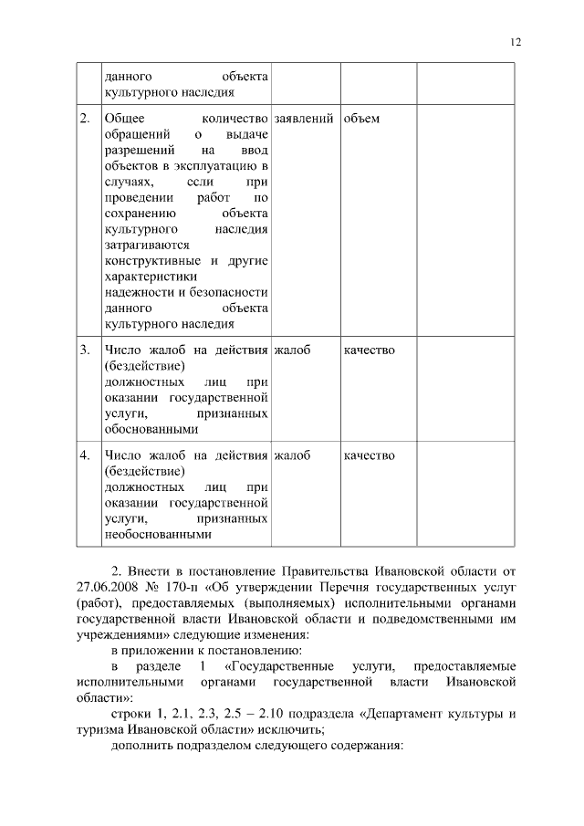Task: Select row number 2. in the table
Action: coord(84,119)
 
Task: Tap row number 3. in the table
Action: coord(84,350)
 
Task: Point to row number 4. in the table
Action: coord(84,455)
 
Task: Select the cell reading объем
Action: coord(362,119)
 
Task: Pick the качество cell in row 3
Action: coord(370,350)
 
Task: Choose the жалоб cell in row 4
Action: coord(292,455)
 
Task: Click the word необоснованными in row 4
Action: coord(158,535)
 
